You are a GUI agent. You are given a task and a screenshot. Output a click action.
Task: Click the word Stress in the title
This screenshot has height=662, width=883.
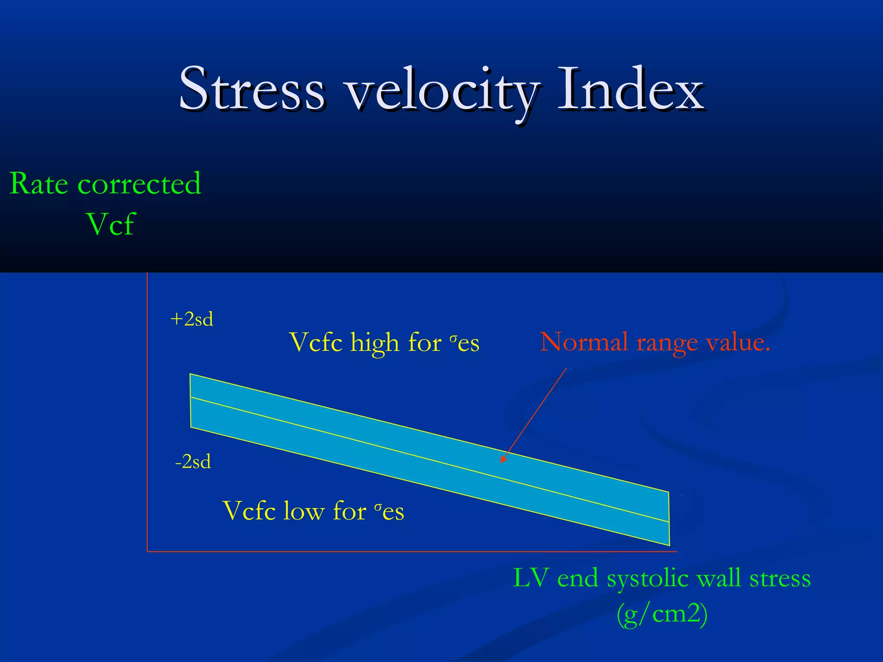click(252, 90)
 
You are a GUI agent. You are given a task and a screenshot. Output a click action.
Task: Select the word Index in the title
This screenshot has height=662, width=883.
click(630, 90)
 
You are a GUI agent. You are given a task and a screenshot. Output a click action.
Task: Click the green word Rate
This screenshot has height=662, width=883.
click(39, 184)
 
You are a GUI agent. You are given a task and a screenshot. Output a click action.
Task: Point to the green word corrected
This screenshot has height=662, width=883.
click(139, 184)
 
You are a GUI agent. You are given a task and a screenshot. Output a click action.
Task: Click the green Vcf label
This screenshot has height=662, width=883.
click(111, 224)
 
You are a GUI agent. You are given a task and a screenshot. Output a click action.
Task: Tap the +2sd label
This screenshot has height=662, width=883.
click(192, 319)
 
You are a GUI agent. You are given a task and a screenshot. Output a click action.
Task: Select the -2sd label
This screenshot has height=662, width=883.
click(193, 462)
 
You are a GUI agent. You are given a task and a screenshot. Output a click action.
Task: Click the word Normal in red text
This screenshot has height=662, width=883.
click(584, 343)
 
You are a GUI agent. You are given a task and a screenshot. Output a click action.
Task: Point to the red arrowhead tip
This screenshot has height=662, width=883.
click(501, 462)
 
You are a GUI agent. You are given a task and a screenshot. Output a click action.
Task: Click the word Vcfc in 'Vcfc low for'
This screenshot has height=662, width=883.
click(249, 512)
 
